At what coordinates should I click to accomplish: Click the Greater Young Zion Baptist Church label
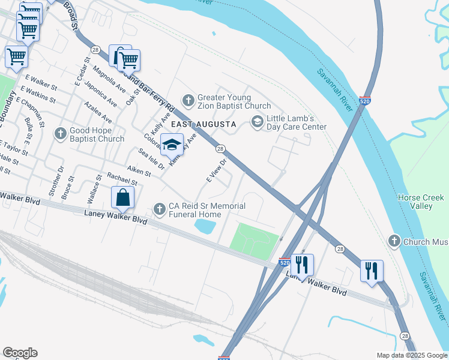click(x=234, y=101)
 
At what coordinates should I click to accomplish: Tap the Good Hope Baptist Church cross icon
click(x=60, y=133)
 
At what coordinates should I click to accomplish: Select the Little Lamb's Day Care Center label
click(x=297, y=122)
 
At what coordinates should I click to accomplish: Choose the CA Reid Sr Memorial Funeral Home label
click(x=207, y=210)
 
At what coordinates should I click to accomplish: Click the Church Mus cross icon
click(x=394, y=242)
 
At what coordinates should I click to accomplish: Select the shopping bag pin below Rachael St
click(x=122, y=197)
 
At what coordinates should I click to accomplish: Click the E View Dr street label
click(x=217, y=170)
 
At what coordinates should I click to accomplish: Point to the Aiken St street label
click(x=138, y=172)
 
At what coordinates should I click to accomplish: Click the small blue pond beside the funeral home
click(x=205, y=226)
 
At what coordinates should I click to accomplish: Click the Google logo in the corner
click(x=20, y=353)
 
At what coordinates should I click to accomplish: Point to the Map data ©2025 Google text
click(x=411, y=355)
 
